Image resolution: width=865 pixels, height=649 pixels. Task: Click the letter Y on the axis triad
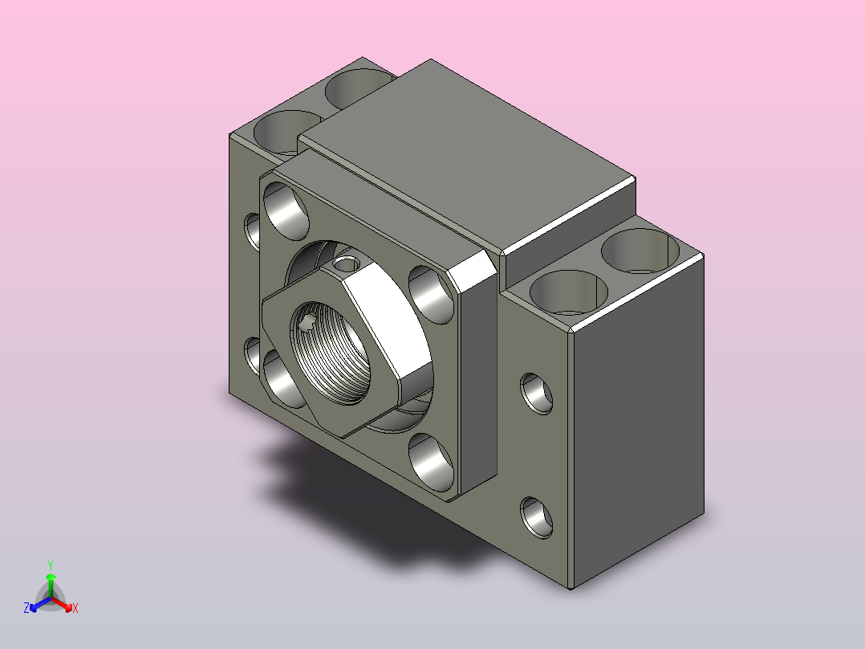click(51, 565)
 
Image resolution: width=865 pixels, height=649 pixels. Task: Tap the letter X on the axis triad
click(75, 608)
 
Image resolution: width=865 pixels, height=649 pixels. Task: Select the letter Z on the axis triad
click(26, 607)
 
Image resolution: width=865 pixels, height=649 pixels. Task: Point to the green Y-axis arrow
click(51, 585)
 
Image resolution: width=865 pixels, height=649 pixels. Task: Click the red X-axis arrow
click(62, 604)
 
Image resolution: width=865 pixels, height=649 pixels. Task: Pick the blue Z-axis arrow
click(40, 604)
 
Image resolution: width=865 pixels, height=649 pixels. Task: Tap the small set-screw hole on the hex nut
click(347, 264)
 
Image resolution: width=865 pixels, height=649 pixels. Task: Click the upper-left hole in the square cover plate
click(286, 210)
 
